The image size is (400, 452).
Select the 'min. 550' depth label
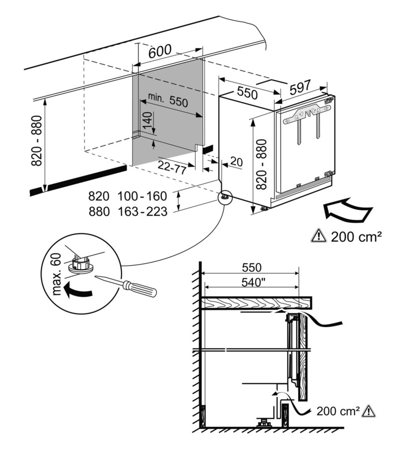point(167,102)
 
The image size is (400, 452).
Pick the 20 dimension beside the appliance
point(236,162)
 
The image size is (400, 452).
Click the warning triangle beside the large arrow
point(318,236)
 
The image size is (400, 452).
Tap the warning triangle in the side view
point(369,411)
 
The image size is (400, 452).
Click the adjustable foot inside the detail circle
point(80,264)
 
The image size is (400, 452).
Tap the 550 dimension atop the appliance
point(247,94)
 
